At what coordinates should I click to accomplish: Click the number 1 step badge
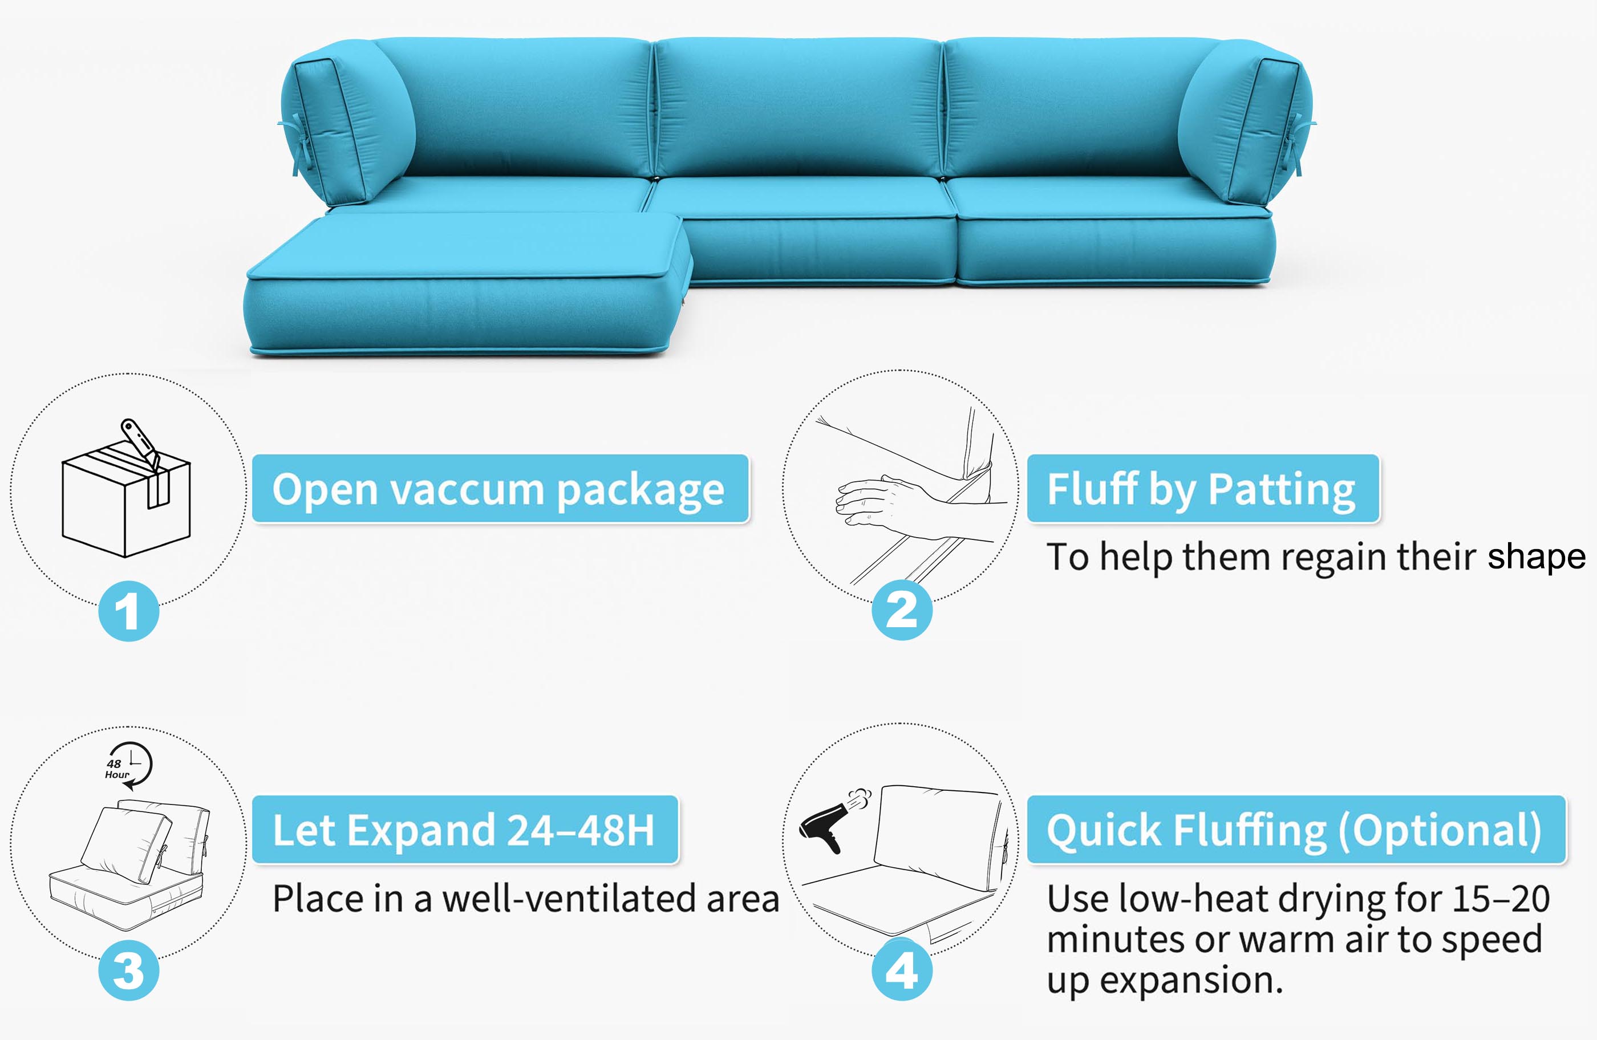[129, 611]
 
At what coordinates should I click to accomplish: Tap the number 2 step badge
[902, 610]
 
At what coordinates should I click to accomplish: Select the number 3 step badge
[129, 970]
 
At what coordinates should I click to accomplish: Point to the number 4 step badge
[902, 969]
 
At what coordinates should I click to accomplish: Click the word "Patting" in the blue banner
[1282, 490]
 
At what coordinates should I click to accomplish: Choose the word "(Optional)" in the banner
[1440, 831]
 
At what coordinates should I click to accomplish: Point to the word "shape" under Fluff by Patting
[1537, 558]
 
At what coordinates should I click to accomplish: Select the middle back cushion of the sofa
[798, 107]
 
